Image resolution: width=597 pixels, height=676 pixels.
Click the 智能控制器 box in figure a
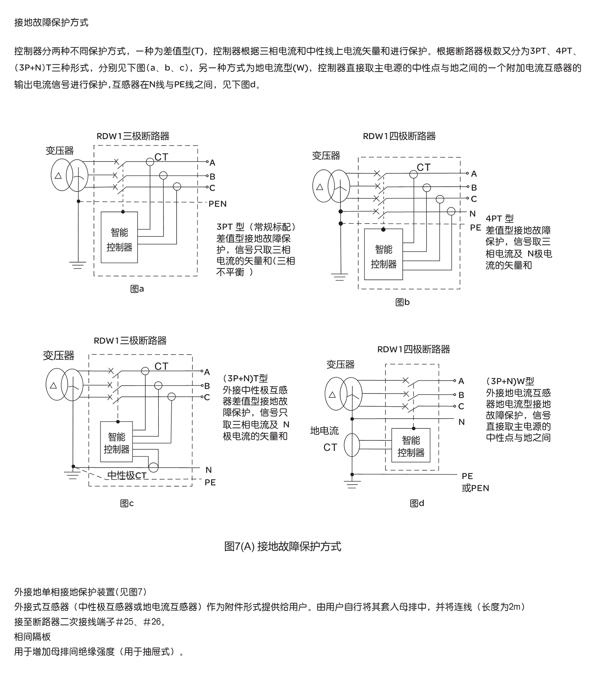[119, 238]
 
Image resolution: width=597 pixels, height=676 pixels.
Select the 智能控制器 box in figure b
[383, 254]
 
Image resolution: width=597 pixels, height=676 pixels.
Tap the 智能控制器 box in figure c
[116, 441]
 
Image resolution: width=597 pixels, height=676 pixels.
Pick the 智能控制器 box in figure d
[411, 445]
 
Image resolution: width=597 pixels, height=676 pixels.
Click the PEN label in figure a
[217, 204]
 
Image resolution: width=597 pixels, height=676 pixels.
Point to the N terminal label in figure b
[472, 214]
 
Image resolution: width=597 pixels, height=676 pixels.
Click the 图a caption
[137, 289]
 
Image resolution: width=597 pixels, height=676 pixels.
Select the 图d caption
[417, 503]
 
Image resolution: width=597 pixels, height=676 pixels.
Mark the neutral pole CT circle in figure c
[153, 467]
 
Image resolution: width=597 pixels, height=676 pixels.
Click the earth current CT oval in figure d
[352, 445]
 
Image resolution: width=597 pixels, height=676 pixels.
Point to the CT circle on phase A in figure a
[150, 162]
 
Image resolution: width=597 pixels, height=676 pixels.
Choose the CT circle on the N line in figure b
[451, 211]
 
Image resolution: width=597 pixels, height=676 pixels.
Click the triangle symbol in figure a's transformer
[58, 175]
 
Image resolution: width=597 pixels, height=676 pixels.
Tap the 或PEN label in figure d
[475, 488]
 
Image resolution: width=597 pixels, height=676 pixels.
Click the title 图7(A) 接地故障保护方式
[282, 546]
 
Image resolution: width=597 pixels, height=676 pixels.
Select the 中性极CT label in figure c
[127, 475]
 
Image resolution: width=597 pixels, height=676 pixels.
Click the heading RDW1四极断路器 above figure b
[399, 136]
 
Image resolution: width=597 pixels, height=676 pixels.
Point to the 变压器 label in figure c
[59, 355]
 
